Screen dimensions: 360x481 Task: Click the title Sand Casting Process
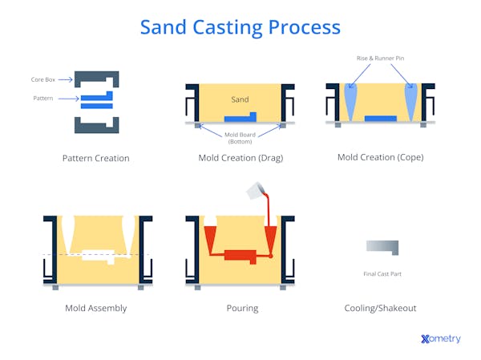240,26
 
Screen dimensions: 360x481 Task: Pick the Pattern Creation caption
95,158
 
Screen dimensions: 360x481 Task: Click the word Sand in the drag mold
240,100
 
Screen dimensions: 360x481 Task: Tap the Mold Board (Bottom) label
240,138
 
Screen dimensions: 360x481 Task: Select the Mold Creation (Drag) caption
240,158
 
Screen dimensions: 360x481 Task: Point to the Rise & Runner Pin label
380,58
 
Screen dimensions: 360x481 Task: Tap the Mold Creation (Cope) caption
380,157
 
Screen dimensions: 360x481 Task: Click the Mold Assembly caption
95,308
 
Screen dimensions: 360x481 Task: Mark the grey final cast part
382,246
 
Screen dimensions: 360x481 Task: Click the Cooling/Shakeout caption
380,308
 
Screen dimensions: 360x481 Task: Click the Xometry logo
440,339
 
